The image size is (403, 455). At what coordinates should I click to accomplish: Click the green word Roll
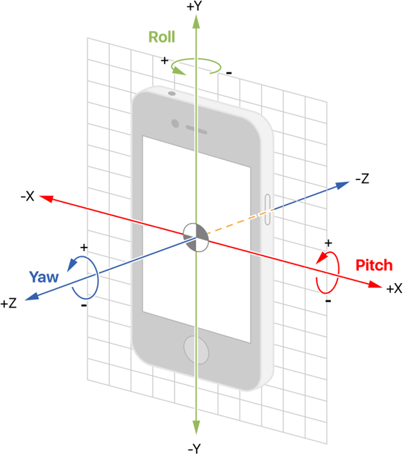(x=162, y=37)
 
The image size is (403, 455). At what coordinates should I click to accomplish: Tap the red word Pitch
(x=374, y=265)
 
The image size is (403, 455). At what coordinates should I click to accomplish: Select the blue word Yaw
(x=44, y=277)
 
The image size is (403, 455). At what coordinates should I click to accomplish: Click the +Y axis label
(x=194, y=6)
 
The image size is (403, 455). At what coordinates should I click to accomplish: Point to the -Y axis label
(x=195, y=448)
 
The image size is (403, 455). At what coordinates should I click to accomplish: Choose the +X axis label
(x=394, y=288)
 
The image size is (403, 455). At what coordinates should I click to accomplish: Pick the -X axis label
(x=27, y=197)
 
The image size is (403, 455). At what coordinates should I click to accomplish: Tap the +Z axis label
(x=9, y=304)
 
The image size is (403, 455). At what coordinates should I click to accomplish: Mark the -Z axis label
(x=362, y=179)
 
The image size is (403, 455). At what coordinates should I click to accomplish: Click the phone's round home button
(x=196, y=350)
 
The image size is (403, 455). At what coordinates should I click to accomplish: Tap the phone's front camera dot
(x=175, y=123)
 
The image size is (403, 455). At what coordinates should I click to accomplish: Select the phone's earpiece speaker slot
(x=196, y=130)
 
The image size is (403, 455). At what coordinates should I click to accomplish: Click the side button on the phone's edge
(x=267, y=209)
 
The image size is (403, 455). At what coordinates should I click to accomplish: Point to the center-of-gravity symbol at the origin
(x=196, y=238)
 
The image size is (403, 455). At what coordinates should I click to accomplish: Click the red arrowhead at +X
(x=375, y=284)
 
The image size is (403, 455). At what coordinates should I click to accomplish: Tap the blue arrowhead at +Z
(x=31, y=296)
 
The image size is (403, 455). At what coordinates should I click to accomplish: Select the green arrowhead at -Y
(x=196, y=427)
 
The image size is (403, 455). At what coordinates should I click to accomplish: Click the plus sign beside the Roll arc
(x=165, y=60)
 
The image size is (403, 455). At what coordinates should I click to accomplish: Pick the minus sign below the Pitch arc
(x=328, y=301)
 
